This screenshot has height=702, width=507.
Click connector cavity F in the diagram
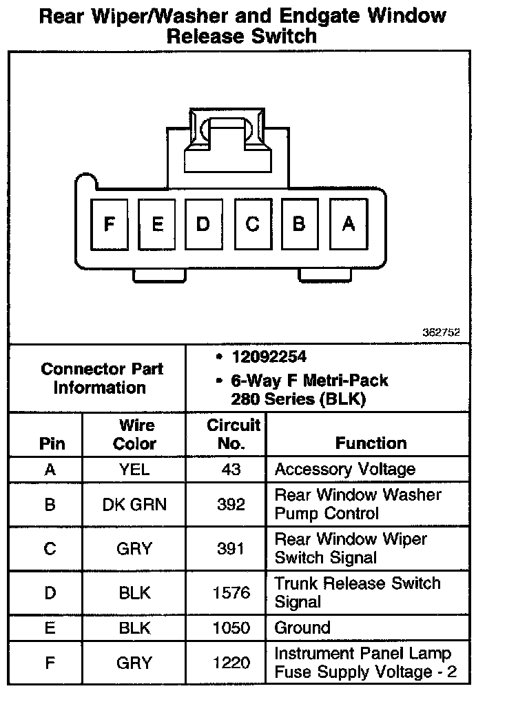(x=109, y=224)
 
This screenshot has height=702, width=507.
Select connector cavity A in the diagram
(x=348, y=224)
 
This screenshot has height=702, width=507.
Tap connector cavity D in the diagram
(x=203, y=224)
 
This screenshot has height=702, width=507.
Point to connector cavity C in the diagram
(x=252, y=224)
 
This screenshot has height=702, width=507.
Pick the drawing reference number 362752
(x=441, y=332)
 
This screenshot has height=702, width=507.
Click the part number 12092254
(x=269, y=357)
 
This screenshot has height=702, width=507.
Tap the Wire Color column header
(x=134, y=434)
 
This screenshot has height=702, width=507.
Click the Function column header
(x=371, y=443)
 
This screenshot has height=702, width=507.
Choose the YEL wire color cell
(x=134, y=470)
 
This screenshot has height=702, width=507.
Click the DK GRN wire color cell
(x=134, y=504)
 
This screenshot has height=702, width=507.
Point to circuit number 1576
(x=231, y=592)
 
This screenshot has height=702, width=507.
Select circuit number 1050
(x=231, y=628)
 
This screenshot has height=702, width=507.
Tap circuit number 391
(x=231, y=548)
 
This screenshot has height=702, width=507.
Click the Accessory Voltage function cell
(x=344, y=470)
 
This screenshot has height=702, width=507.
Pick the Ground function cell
(x=302, y=628)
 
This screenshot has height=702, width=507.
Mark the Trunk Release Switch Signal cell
(x=357, y=592)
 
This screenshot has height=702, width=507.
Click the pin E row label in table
(x=50, y=628)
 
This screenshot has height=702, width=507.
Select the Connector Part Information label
(x=101, y=378)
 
